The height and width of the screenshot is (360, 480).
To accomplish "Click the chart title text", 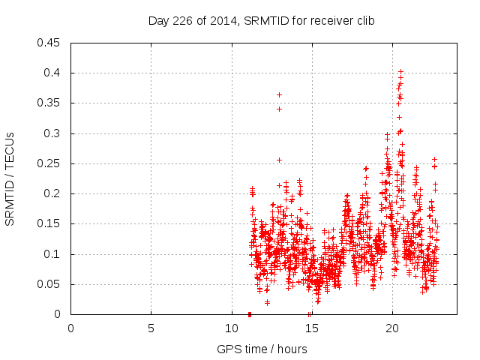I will tap(260, 20).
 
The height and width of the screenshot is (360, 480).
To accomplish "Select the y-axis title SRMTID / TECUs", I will tap(10, 178).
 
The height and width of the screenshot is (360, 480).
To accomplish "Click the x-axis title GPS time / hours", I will tap(262, 349).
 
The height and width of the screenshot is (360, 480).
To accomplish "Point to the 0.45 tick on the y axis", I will tap(52, 43).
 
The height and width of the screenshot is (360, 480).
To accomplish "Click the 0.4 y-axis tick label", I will tap(55, 73).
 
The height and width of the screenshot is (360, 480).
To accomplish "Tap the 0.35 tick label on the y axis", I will tap(52, 103).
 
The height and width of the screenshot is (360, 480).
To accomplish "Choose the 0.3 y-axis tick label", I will tap(55, 133).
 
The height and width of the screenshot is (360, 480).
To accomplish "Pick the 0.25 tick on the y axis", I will tap(52, 163).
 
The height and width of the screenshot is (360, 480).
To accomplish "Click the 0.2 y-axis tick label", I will tap(55, 193).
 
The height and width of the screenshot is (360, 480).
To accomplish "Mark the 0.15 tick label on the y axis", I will tap(52, 223).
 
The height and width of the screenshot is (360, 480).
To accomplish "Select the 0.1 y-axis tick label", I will tap(55, 254).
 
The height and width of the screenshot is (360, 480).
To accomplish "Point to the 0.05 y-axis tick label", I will tap(52, 284).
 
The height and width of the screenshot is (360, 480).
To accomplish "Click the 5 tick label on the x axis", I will tap(151, 328).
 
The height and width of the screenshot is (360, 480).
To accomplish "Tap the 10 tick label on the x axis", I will tap(230, 328).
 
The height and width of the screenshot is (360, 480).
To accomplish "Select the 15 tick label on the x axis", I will tap(310, 328).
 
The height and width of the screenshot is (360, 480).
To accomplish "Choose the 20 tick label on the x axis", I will tap(391, 328).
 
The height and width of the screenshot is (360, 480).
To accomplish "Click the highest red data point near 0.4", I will tap(401, 71).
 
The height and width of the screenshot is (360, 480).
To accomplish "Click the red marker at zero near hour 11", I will tap(250, 314).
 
